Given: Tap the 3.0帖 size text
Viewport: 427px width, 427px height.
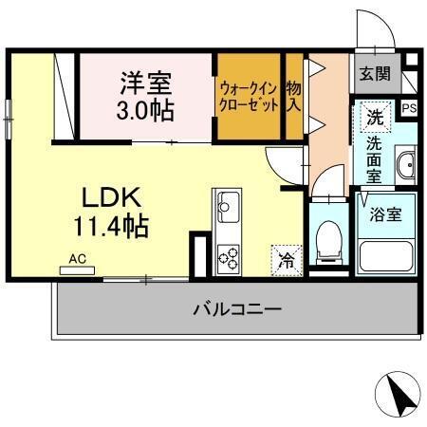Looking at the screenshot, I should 145,110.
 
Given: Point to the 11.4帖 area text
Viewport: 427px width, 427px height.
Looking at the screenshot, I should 111,226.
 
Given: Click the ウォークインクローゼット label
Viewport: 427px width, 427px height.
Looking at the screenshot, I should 250,97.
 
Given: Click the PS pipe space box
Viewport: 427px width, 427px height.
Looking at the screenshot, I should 409,108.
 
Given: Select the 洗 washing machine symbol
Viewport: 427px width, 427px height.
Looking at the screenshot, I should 376,121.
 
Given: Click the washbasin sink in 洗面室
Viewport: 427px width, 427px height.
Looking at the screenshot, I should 406,165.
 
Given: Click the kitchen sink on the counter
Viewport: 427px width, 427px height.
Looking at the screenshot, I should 229,203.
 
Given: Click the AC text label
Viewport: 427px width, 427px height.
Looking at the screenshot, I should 76,257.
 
